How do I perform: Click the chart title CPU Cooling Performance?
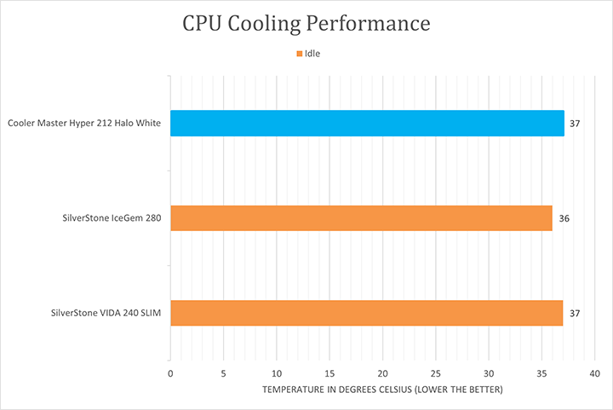coord(306,24)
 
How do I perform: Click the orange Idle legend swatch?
coord(299,54)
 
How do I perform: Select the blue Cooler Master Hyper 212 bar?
coord(367,124)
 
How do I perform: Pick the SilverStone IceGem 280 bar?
coord(361,218)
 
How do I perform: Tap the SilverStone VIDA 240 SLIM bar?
coord(367,313)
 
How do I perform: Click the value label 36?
coord(564,219)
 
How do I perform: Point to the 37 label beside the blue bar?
coord(575,124)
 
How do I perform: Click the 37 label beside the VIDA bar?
coord(575,314)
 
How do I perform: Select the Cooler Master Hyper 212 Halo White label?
coord(84,124)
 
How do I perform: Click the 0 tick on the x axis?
coord(171,373)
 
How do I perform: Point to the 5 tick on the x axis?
coord(224,373)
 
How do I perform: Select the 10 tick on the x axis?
coord(277,373)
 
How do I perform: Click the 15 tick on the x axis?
coord(329,373)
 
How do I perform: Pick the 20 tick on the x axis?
coord(383,373)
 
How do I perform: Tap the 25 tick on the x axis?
coord(436,373)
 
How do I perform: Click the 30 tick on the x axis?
coord(489,373)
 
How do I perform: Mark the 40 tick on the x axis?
coord(594,373)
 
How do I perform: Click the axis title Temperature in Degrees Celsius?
coord(382,390)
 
